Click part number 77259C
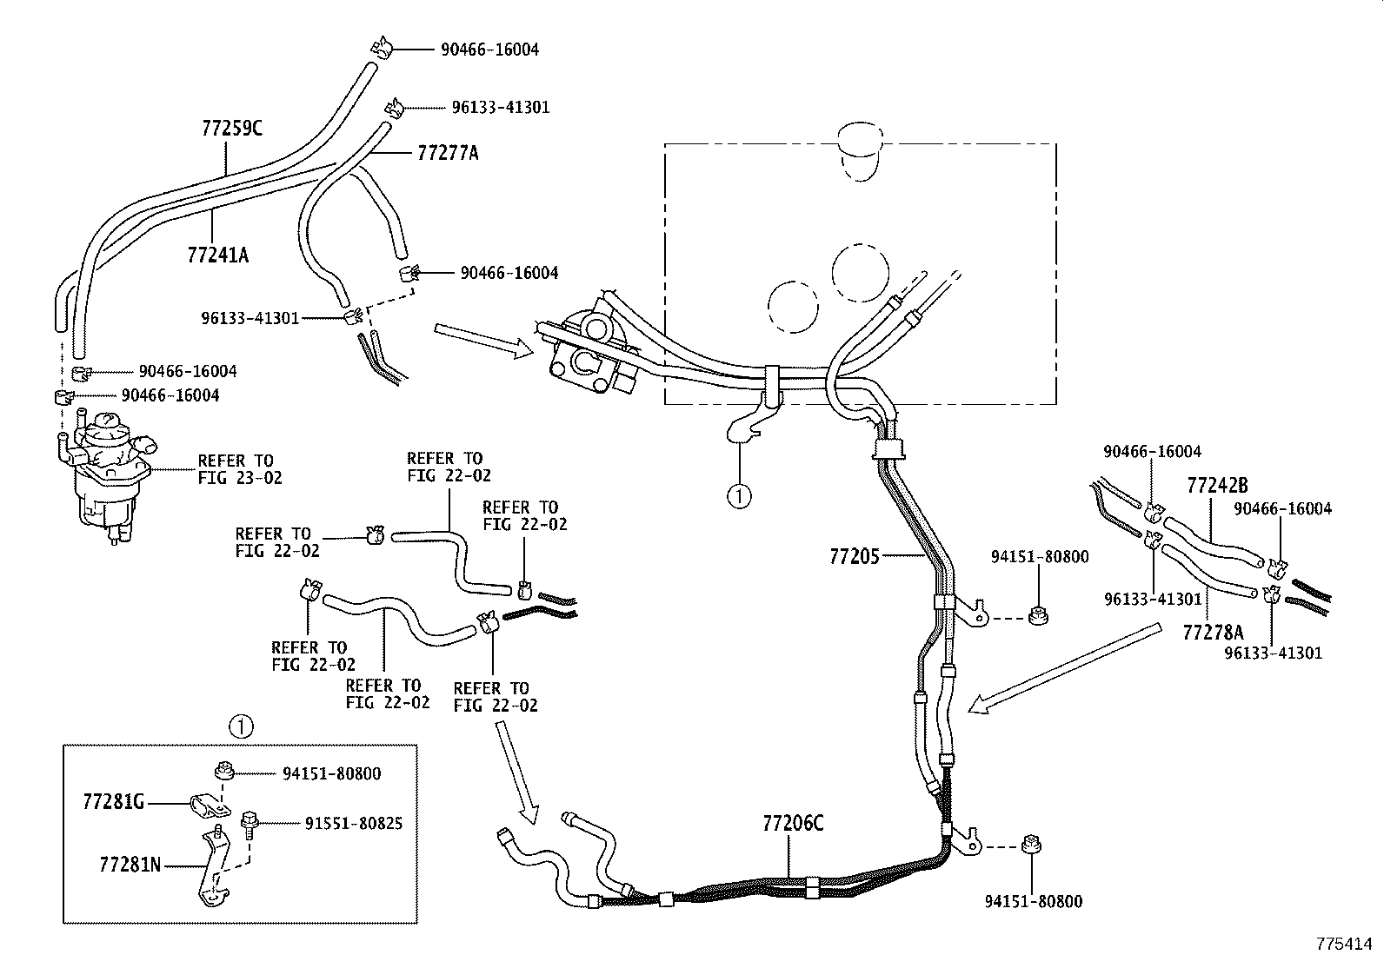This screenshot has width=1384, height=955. point(231,129)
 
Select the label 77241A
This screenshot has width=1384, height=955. point(218,255)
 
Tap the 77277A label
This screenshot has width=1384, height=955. point(448,154)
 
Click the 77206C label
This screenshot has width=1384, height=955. point(793,823)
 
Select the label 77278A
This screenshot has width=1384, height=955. point(1213,632)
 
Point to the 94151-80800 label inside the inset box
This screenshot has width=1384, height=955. point(331,773)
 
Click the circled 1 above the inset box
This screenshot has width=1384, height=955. point(240,725)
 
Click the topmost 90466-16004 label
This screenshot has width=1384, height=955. point(489,50)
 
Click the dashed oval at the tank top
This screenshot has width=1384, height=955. point(858,152)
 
